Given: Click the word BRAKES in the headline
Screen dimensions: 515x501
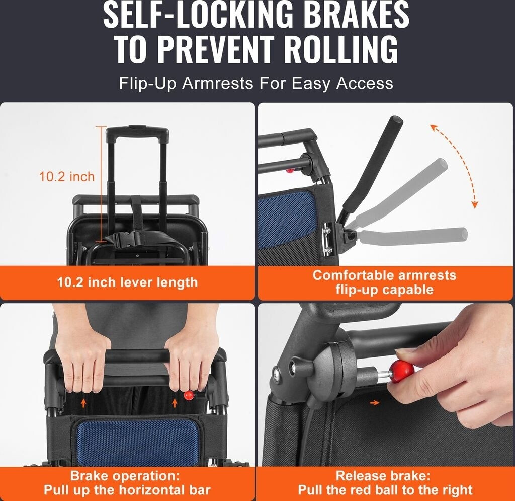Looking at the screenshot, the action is point(357,15).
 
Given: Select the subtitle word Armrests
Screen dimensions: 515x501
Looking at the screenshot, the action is point(217,83).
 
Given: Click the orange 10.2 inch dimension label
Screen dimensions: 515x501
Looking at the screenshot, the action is point(67,177).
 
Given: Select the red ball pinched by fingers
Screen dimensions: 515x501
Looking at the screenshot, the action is point(402,371).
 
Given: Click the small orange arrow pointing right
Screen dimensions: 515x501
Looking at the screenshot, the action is point(374,403).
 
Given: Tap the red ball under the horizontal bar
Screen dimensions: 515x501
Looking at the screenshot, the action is point(189,395).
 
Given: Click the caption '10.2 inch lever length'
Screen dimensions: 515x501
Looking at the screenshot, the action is point(127,282).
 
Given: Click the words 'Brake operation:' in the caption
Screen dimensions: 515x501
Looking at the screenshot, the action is point(125,476).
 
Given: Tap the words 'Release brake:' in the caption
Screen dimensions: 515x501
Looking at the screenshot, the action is point(383,476).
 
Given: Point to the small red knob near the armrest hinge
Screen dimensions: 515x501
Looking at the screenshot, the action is point(290,170).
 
